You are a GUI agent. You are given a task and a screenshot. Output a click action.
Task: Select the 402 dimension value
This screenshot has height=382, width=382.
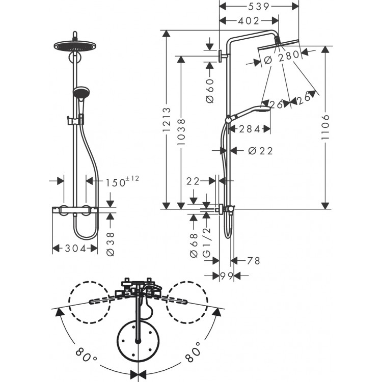[x=248, y=21]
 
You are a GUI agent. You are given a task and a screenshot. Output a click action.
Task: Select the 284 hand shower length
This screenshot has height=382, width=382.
[x=250, y=129]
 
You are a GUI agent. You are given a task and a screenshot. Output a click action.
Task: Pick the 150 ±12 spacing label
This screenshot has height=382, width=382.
[x=121, y=181]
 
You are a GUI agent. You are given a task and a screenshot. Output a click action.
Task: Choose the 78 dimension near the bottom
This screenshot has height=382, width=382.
[x=253, y=261]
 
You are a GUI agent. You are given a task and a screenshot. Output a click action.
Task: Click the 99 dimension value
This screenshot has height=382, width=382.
[x=227, y=276]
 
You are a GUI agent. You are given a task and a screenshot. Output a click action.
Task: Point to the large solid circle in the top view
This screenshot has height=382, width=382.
[x=137, y=339]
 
